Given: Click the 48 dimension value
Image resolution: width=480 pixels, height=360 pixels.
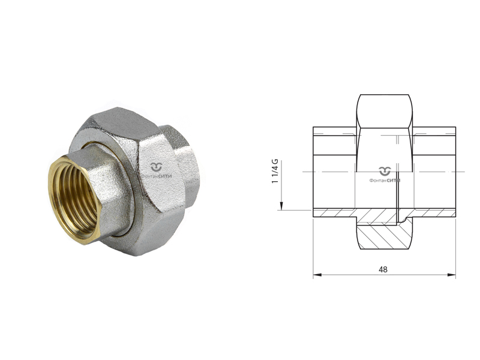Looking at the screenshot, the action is point(383,269).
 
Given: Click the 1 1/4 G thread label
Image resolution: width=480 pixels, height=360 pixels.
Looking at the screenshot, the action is point(275,171).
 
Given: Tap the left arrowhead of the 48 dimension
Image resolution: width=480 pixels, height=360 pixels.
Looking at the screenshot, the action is point(317,275).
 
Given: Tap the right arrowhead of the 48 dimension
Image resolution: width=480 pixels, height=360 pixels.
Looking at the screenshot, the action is point(452,275).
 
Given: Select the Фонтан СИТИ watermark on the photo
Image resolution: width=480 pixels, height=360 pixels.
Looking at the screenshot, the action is point(157,172).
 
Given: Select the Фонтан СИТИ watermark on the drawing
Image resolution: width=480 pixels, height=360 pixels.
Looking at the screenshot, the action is point(385,175).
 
